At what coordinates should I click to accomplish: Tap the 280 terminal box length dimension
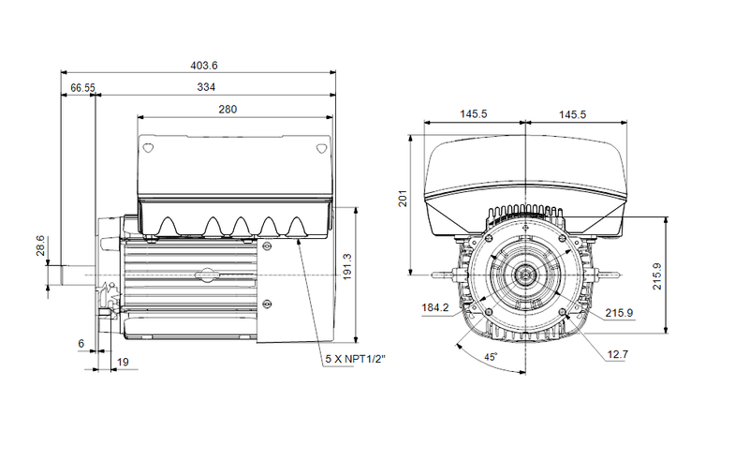[228, 109]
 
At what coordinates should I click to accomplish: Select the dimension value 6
[81, 344]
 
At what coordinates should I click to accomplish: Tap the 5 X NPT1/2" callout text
[356, 359]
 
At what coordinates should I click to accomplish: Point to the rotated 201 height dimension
[403, 200]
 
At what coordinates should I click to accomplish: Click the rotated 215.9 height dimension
[657, 275]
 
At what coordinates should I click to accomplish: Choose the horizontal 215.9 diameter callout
[619, 312]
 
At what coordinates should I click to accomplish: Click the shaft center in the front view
[526, 275]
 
